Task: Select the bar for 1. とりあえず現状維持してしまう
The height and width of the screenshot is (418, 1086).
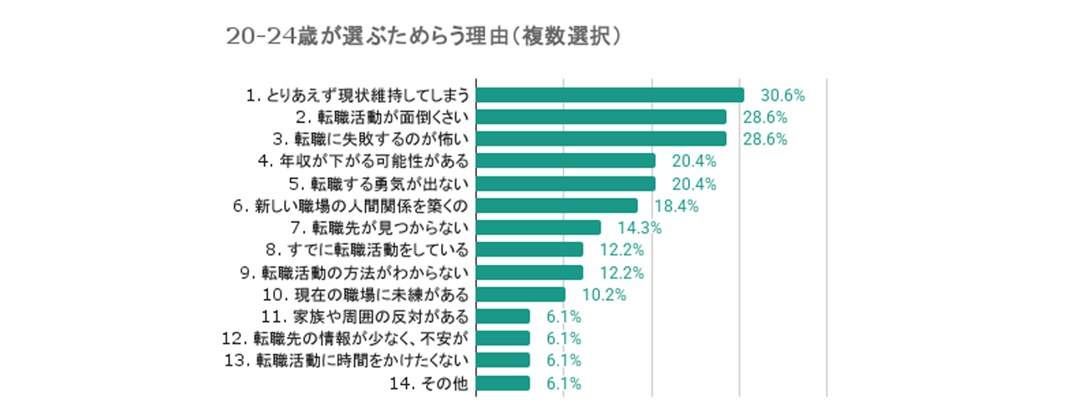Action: coord(610,94)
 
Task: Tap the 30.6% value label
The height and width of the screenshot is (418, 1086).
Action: coord(783,95)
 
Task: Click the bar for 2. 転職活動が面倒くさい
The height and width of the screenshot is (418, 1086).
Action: coord(601,116)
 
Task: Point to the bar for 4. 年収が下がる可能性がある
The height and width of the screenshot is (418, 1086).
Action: coord(566,161)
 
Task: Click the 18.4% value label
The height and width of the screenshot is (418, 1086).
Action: coord(676,206)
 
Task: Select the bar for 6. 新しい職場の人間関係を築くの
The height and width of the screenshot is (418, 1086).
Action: coord(556,205)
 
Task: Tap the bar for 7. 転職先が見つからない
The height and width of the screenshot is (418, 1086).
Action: coord(538,227)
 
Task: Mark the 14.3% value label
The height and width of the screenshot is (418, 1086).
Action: coord(639,227)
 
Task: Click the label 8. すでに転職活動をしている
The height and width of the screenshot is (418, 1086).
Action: coord(367,250)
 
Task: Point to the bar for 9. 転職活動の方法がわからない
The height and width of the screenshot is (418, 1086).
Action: coord(530,272)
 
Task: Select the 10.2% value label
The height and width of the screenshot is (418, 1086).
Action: coord(604,294)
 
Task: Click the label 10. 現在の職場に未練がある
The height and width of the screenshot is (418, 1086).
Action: coord(365,294)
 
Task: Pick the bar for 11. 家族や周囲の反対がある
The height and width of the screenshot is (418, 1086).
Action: coord(503,316)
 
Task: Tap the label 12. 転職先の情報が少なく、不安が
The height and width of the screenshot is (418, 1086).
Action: coord(359,339)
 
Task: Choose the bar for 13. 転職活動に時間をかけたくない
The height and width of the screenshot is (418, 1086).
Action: coord(503,360)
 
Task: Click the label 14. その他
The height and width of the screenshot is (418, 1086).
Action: coord(429,383)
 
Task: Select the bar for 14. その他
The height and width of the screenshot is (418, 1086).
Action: coord(503,383)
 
